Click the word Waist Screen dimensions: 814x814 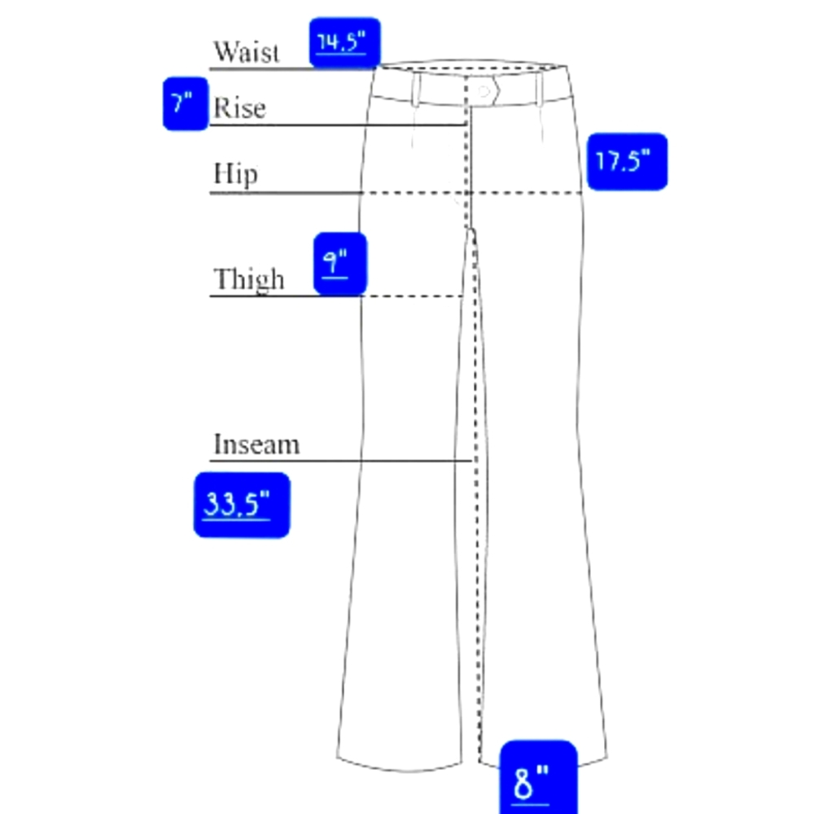coord(247,51)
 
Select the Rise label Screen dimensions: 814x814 coord(239,107)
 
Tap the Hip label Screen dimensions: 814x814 coord(235,173)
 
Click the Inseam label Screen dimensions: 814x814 coord(256,444)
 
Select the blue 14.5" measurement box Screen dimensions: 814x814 coord(344,42)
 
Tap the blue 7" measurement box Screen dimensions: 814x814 coord(186,103)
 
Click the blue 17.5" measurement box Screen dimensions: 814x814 coord(627,161)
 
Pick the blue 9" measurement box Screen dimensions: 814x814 coord(340,264)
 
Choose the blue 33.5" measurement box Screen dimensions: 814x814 coord(242,505)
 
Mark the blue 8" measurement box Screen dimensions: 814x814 coord(538,777)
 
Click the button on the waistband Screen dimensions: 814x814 coord(484,91)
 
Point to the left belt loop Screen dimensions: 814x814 coord(416,89)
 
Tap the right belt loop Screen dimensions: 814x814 coord(540,89)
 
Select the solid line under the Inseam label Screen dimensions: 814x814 coord(340,461)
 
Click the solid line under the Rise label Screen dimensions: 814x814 coord(338,125)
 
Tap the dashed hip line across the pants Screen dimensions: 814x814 coord(471,193)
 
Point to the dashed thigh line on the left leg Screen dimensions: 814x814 coord(412,296)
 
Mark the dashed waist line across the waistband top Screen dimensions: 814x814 coord(471,68)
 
